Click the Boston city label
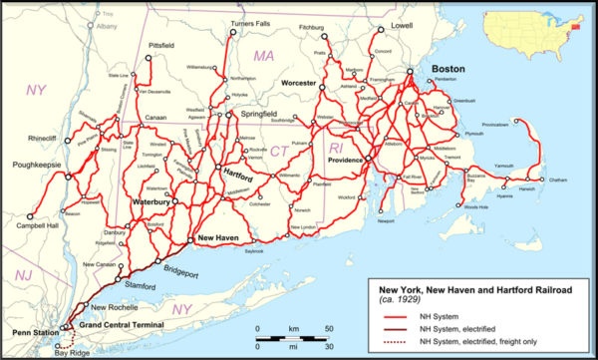(448, 70)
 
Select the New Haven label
(218, 238)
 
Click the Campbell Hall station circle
(30, 214)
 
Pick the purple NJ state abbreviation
(21, 273)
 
